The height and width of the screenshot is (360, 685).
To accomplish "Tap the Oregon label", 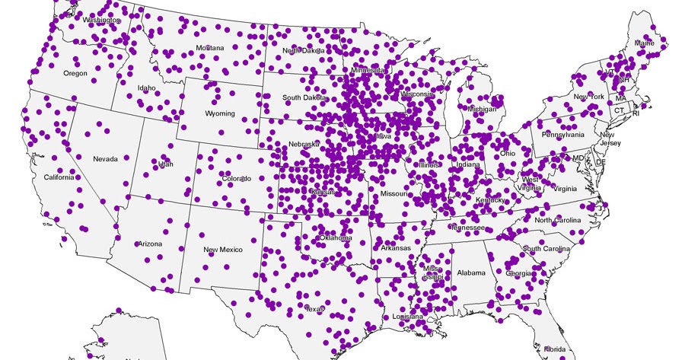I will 75,74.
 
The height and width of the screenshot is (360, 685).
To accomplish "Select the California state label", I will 59,177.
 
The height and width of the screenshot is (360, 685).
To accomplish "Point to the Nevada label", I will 105,159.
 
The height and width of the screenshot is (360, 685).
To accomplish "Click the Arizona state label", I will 149,244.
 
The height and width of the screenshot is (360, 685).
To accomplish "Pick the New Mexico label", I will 223,250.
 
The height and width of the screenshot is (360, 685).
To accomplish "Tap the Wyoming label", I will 220,114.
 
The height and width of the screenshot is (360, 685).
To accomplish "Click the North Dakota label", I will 304,51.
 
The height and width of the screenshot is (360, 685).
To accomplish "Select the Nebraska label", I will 304,145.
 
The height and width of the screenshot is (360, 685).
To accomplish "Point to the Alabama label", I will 472,272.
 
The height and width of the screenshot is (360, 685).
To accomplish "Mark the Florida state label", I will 553,349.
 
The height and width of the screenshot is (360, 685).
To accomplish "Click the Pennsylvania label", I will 562,135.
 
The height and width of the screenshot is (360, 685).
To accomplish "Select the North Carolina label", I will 557,221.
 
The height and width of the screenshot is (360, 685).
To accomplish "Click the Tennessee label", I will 467,228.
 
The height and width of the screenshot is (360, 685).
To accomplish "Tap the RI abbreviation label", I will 636,113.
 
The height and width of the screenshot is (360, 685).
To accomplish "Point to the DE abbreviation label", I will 600,162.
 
